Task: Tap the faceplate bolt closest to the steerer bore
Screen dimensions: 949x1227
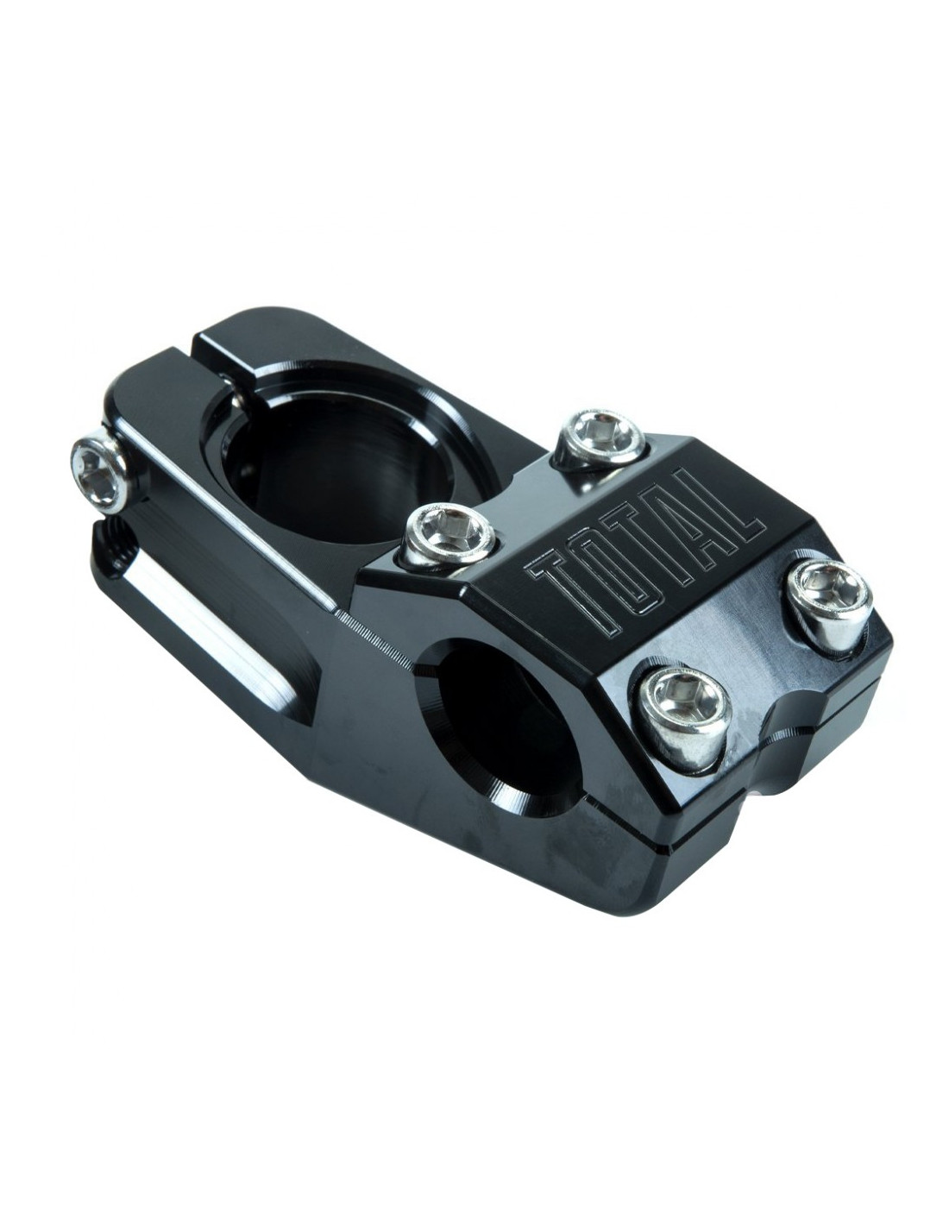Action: [x=450, y=537]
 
